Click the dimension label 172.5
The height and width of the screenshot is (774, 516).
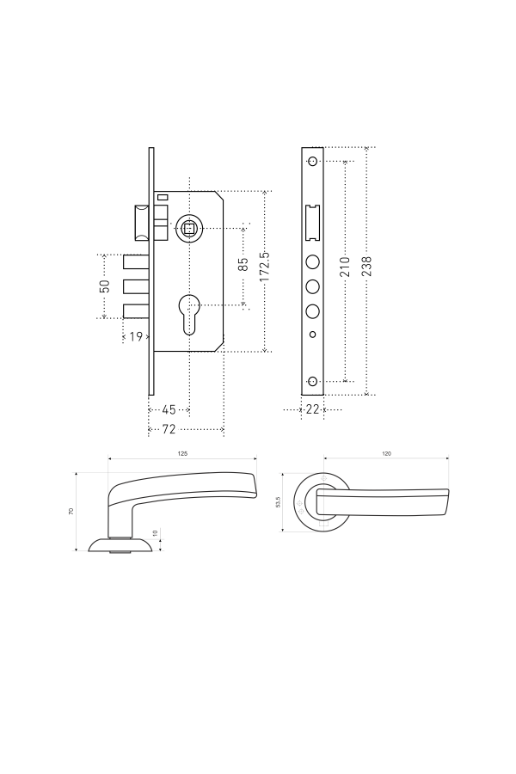tap(265, 267)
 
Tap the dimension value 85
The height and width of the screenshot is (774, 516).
tap(243, 264)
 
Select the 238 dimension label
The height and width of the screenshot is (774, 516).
tap(366, 266)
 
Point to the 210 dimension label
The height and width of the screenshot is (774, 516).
tap(345, 267)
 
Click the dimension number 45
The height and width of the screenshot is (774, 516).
tap(169, 409)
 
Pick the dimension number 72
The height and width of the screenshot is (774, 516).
tap(169, 429)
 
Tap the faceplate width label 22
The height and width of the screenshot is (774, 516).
tap(312, 409)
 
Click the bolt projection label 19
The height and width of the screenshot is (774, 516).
tap(136, 336)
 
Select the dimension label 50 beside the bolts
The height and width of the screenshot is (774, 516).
tap(105, 286)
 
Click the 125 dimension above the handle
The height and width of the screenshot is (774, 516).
tap(182, 453)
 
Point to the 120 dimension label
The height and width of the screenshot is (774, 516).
tap(387, 453)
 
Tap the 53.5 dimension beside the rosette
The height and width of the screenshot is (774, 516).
tap(278, 502)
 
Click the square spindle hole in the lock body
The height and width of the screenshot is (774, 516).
tap(188, 228)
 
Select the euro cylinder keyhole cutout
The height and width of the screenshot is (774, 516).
tap(188, 315)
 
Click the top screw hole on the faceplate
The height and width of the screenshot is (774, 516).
tap(312, 161)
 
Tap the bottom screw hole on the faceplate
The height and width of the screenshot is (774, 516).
tap(312, 381)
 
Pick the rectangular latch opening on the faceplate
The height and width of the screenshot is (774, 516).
tap(312, 223)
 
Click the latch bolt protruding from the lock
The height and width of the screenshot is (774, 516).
tap(142, 222)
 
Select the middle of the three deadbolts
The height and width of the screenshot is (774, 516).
tap(136, 286)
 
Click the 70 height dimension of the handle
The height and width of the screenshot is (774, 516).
tap(71, 512)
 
